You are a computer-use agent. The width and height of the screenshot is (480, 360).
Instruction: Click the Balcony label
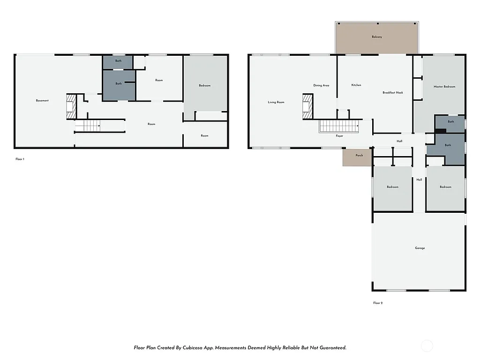376,37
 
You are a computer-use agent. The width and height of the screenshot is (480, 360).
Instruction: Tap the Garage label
420,248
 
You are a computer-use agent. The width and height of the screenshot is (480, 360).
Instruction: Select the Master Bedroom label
444,87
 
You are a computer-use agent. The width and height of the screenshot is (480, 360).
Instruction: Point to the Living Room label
276,102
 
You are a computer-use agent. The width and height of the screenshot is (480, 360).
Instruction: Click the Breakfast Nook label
392,93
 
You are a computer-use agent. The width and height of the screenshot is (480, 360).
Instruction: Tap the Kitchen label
356,85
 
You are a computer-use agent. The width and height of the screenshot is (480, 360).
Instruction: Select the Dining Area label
321,85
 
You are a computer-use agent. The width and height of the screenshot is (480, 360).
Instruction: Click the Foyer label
339,136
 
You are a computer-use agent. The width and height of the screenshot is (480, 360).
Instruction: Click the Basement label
42,100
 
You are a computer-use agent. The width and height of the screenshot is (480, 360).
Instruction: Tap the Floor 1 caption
20,159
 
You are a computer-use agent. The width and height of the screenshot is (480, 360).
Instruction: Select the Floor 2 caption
378,303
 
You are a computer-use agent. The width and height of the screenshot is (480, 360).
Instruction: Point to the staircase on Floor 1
88,126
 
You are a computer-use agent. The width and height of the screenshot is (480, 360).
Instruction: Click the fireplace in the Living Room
307,106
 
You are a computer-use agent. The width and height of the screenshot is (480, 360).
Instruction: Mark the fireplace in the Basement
70,106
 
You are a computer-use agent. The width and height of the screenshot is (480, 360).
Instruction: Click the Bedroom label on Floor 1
204,86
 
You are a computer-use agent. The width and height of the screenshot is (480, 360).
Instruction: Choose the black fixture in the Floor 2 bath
440,131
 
